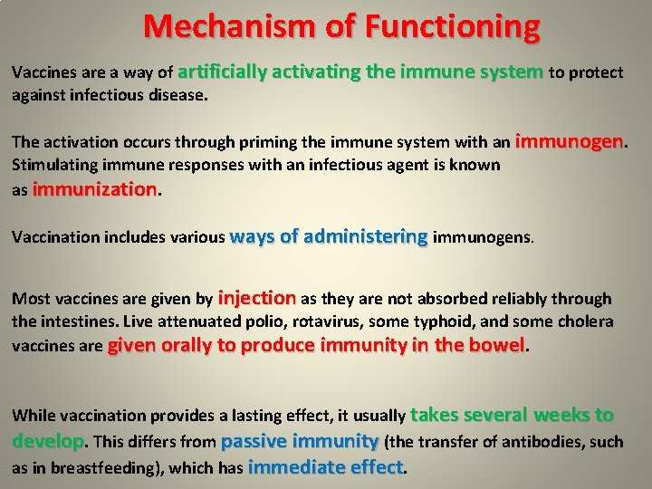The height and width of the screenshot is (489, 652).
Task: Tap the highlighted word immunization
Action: (x=94, y=189)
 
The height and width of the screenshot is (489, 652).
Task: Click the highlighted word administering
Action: (x=366, y=236)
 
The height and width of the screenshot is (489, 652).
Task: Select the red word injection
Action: (x=257, y=297)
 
